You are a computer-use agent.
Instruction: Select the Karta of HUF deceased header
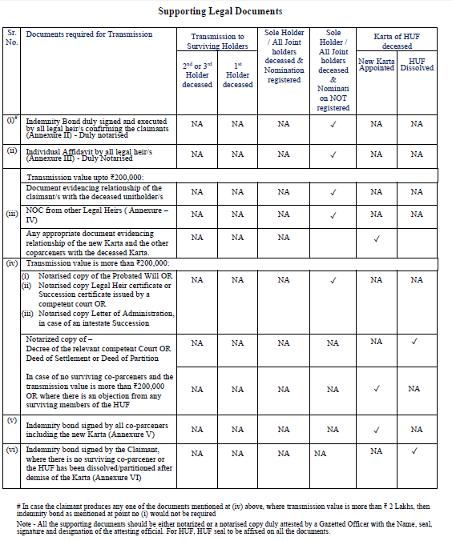pyautogui.click(x=396, y=42)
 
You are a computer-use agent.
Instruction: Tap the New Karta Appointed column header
pyautogui.click(x=376, y=65)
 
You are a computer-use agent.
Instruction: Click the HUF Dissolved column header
pyautogui.click(x=417, y=65)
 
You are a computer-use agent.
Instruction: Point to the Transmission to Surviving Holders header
pyautogui.click(x=217, y=42)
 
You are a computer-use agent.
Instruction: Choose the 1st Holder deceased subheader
pyautogui.click(x=237, y=74)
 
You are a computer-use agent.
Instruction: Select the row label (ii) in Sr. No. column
pyautogui.click(x=12, y=150)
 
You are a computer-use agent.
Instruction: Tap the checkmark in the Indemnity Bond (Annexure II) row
pyautogui.click(x=333, y=124)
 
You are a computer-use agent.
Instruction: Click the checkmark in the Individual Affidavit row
pyautogui.click(x=333, y=154)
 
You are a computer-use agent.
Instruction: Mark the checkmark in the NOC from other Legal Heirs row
pyautogui.click(x=333, y=214)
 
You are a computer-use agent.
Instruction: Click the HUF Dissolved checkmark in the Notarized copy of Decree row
pyautogui.click(x=414, y=342)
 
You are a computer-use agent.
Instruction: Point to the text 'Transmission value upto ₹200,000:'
pyautogui.click(x=85, y=177)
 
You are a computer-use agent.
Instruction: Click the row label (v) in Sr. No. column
pyautogui.click(x=12, y=420)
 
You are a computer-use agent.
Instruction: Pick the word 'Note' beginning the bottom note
pyautogui.click(x=25, y=522)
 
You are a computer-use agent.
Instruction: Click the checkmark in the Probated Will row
pyautogui.click(x=333, y=279)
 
